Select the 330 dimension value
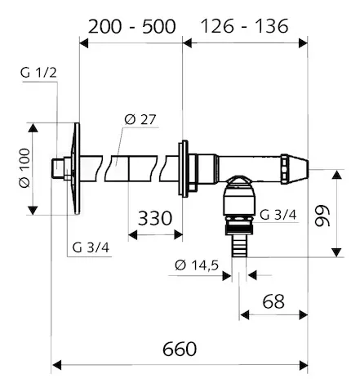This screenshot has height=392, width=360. coord(156,217)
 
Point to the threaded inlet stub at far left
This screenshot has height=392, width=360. coord(60,170)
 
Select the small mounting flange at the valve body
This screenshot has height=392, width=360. coord(182,170)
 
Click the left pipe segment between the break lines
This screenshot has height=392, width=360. coord(114,170)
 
